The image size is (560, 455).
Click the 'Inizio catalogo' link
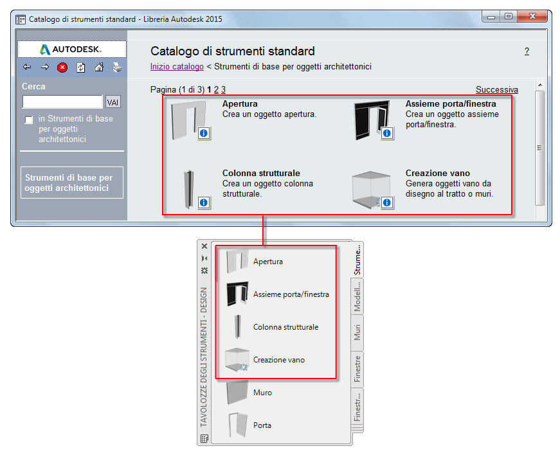point(177,67)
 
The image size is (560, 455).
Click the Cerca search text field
point(62,102)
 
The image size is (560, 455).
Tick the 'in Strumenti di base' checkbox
point(29,120)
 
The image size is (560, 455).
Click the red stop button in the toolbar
point(62,67)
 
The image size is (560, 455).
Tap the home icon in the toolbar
point(99,67)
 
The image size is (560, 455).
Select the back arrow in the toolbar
point(27,67)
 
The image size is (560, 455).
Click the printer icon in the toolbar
point(117,67)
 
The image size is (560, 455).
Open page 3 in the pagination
point(223,89)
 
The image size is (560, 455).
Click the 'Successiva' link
point(497,89)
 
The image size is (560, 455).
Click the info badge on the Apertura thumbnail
point(204,133)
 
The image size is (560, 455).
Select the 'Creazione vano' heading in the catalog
point(437,173)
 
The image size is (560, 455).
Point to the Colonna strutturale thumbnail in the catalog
point(189,189)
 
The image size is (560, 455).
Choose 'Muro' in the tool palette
point(262,393)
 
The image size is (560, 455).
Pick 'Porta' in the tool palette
point(262,425)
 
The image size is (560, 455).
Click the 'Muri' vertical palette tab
point(357,332)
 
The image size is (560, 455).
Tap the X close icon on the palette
point(204,246)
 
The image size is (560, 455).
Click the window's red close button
point(532,16)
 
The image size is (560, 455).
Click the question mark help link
point(527,51)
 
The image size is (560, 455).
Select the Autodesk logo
point(71,49)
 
